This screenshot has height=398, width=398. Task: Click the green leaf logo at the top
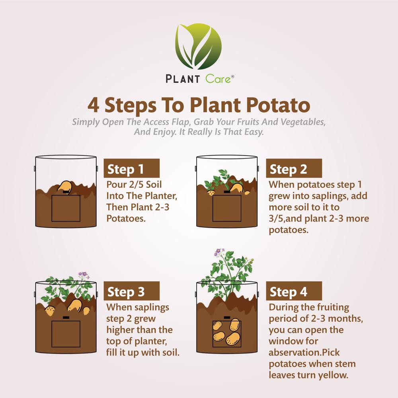199,46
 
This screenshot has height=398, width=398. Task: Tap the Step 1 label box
131,169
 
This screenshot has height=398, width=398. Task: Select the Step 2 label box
294,169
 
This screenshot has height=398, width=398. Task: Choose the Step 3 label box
131,291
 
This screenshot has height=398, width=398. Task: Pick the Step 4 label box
294,291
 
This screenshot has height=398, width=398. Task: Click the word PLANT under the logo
183,79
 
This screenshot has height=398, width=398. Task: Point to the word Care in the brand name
218,79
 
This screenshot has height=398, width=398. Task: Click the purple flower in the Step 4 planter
219,252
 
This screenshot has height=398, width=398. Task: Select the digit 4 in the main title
94,105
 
